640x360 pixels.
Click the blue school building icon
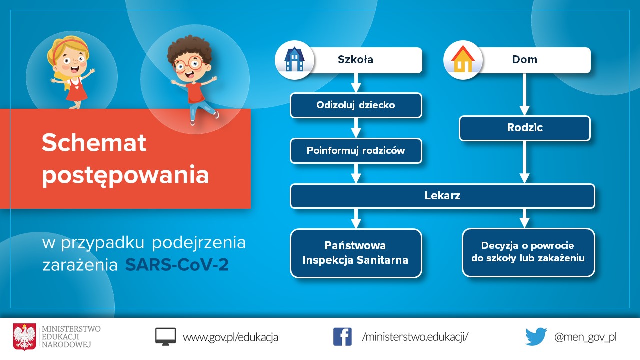point(294,59)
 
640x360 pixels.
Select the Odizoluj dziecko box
point(356,105)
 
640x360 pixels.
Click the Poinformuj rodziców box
point(356,151)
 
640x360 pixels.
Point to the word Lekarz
point(442,196)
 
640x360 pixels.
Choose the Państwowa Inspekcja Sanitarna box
point(356,253)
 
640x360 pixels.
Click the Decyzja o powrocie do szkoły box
point(528,252)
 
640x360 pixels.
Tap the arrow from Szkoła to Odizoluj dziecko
point(356,83)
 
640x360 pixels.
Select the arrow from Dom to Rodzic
point(524,94)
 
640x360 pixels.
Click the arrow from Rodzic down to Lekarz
point(524,162)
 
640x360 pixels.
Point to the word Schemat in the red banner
point(94,142)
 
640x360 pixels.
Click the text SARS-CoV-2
point(177,265)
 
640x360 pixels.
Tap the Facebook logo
point(342,337)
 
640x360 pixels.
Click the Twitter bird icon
point(536,337)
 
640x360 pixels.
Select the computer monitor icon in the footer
point(165,337)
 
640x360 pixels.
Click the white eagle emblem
point(24,337)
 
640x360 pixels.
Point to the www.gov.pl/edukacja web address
point(230,337)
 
